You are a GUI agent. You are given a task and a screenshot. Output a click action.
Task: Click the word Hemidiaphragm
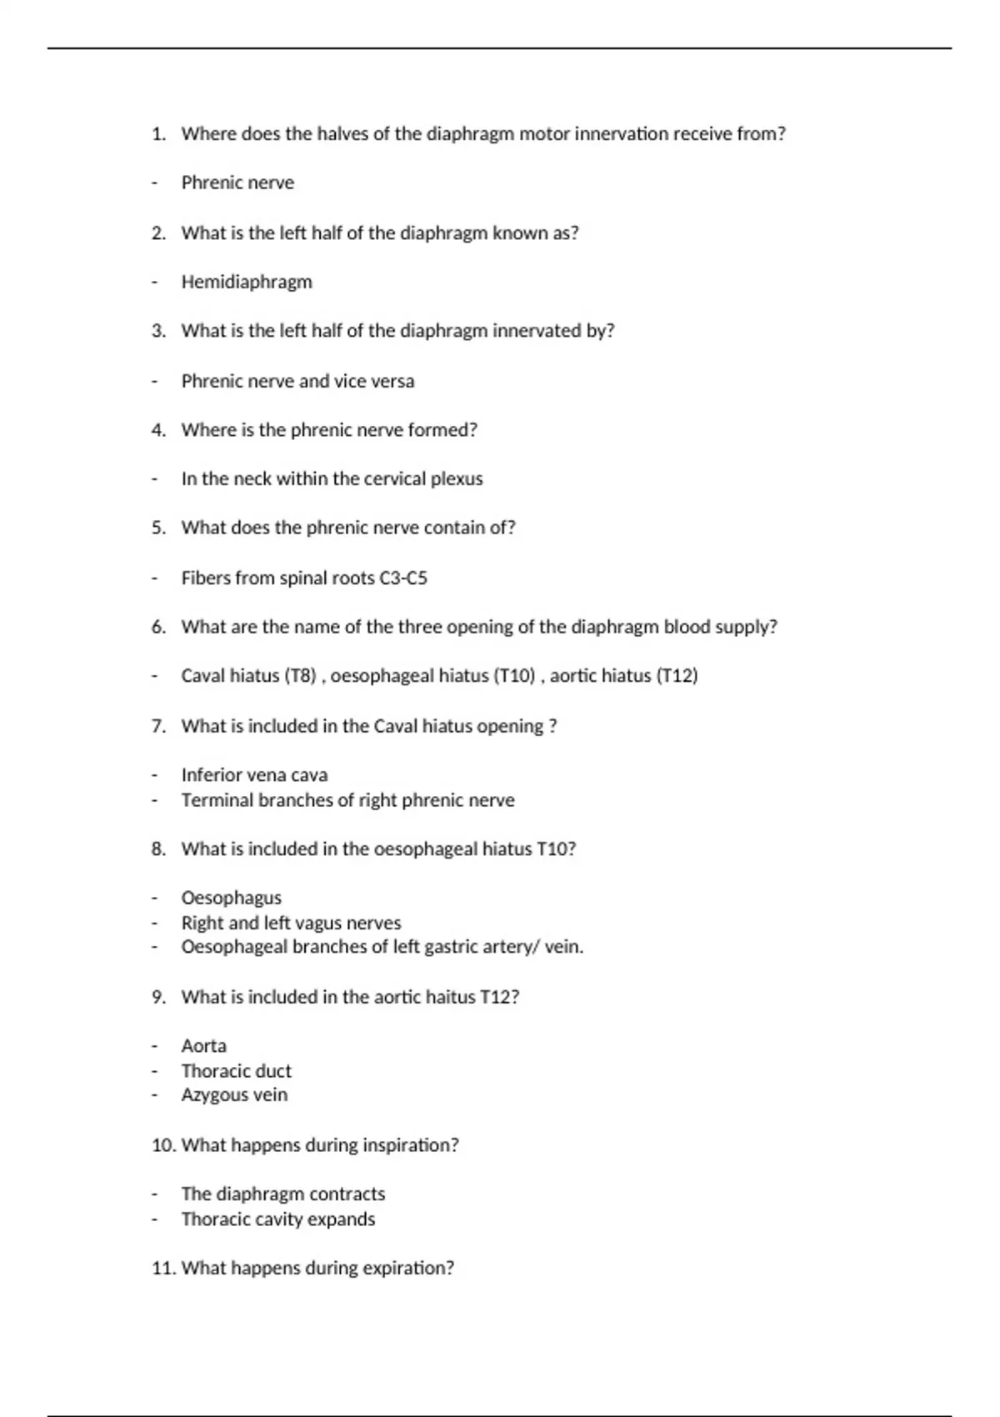247,282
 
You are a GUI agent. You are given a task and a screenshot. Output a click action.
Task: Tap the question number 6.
157,627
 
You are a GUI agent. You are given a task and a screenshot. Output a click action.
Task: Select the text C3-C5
403,578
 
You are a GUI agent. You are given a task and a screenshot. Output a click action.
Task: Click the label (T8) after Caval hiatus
300,675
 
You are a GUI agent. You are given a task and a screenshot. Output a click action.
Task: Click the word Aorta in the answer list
203,1046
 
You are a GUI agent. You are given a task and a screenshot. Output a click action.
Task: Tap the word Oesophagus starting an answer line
231,898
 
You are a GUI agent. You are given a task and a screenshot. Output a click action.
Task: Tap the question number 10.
162,1145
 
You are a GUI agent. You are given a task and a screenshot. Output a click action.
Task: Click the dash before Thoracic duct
154,1071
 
